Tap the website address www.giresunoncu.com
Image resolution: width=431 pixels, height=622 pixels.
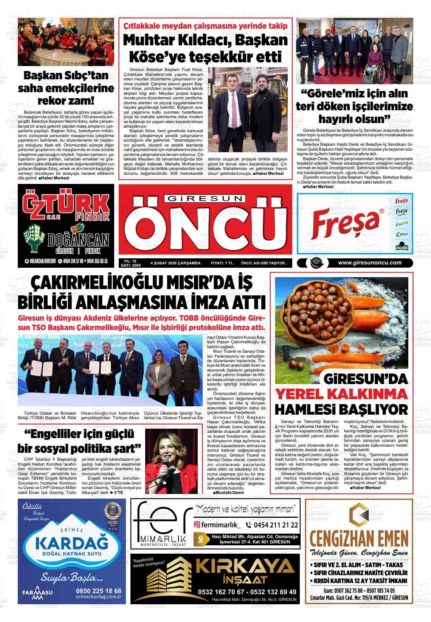tap(369, 263)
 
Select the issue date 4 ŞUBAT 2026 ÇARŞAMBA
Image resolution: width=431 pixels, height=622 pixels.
tap(175, 263)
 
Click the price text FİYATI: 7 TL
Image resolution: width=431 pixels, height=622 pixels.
tap(222, 263)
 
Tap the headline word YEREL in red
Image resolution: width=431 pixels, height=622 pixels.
tap(302, 394)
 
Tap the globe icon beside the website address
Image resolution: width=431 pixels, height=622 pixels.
tap(314, 263)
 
